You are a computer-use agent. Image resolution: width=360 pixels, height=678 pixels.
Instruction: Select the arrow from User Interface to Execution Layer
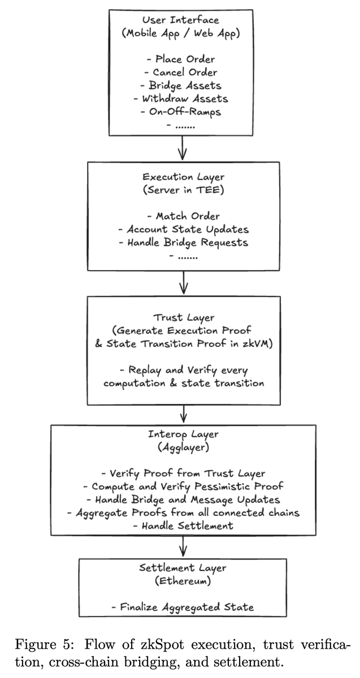(x=182, y=149)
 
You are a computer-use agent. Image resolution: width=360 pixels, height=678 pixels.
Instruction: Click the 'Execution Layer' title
(x=182, y=177)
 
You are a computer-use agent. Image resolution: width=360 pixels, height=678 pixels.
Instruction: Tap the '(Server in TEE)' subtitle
(x=182, y=190)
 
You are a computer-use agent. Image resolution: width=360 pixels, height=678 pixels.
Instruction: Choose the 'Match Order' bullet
(x=182, y=216)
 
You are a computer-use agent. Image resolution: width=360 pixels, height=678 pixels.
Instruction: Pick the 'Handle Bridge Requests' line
(x=182, y=242)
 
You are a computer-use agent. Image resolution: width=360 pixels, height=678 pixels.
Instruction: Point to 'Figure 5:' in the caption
(x=41, y=646)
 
